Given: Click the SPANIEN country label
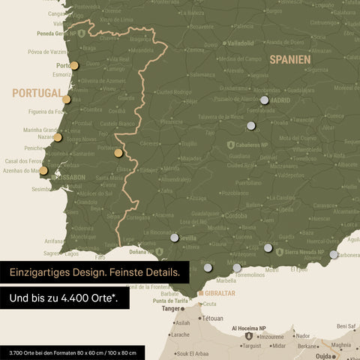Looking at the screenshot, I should pos(289,58).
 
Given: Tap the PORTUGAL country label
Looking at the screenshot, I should pos(36,94).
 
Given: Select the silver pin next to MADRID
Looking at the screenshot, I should pos(264,100).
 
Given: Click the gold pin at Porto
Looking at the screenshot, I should pos(74,65).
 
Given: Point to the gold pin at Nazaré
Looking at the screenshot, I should pos(58,137).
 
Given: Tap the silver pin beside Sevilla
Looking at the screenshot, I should pos(175,238).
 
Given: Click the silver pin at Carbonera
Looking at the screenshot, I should pos(334,254).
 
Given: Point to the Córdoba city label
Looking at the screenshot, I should pos(236,215).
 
